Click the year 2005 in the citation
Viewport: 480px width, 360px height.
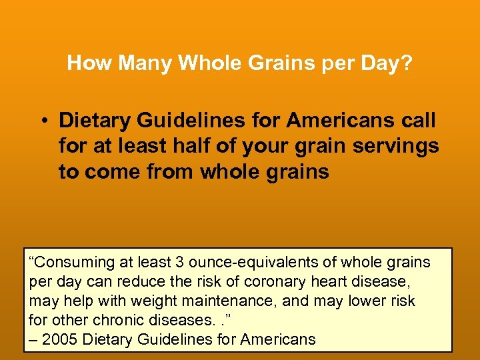pos(59,339)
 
